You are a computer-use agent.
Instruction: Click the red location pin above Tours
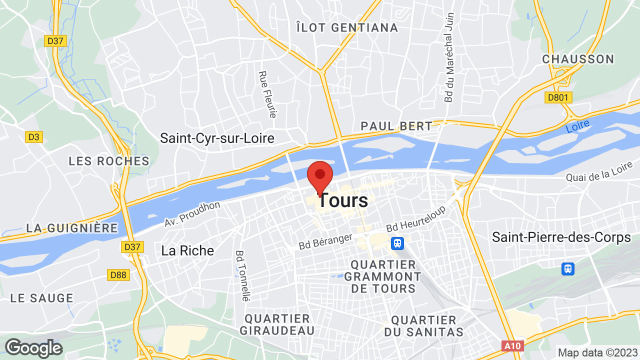[319, 176]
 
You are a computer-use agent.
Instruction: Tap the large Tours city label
[343, 200]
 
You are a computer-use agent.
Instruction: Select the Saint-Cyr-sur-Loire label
[217, 138]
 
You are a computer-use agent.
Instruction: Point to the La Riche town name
[187, 250]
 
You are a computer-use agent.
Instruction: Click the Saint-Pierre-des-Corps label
[561, 237]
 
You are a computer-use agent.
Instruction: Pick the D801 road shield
[558, 97]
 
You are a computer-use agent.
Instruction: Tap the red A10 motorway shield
[512, 346]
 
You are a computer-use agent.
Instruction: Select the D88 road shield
[118, 274]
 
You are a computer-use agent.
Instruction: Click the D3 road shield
[34, 136]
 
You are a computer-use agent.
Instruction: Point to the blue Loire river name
[578, 126]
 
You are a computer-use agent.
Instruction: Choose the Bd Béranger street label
[326, 241]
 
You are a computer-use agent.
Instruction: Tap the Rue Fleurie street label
[267, 94]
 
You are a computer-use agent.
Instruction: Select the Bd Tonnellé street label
[242, 275]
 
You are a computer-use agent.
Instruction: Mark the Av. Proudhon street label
[192, 214]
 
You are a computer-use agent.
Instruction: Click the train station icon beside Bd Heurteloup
[397, 243]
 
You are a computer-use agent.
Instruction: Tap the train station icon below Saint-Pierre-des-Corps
[567, 269]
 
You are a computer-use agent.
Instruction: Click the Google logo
[33, 348]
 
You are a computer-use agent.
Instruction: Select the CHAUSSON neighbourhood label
[578, 59]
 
